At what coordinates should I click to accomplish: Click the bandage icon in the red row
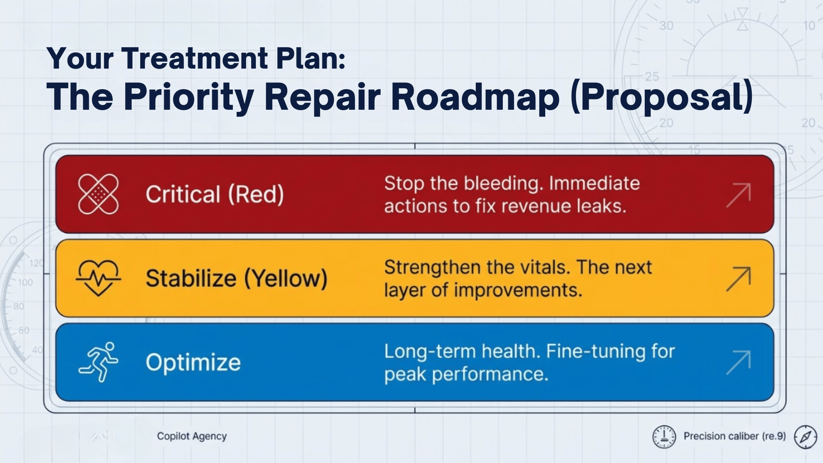tap(98, 194)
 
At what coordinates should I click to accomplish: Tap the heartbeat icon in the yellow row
tap(98, 278)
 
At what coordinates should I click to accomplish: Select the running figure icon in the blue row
tap(99, 362)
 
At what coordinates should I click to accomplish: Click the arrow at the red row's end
tap(739, 195)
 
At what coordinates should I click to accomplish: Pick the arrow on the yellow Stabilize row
tap(739, 279)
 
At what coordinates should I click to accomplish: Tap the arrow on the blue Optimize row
tap(739, 363)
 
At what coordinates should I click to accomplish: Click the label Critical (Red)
tap(215, 194)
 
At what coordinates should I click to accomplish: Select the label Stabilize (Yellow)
tap(237, 278)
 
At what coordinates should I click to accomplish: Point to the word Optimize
tap(193, 362)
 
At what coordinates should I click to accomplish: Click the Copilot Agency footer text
tap(192, 436)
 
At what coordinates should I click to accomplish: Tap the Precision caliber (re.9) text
tap(735, 436)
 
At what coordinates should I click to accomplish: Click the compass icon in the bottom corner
tap(805, 437)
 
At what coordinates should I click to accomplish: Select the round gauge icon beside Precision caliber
tap(664, 437)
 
